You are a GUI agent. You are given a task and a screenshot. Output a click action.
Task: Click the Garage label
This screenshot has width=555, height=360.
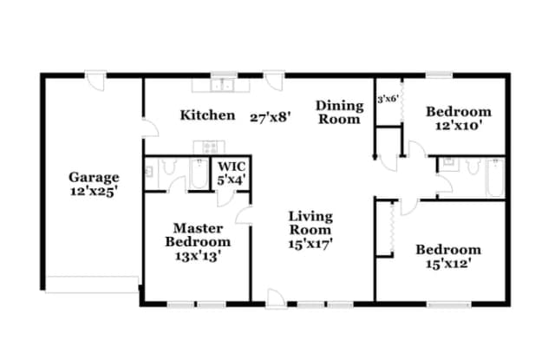94,177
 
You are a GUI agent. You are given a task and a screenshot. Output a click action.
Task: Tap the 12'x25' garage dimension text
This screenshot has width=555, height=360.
94,192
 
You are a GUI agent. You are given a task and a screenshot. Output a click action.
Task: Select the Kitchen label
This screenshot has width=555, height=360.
207,115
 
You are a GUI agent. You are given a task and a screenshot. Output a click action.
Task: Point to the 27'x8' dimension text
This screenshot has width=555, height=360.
271,117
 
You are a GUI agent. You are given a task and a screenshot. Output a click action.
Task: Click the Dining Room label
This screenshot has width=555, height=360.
339,112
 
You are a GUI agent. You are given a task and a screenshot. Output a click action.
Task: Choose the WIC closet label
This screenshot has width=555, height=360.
232,166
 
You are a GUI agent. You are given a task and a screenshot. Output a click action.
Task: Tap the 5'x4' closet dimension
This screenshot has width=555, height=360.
232,180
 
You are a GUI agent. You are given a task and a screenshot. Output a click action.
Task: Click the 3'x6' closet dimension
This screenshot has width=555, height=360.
388,99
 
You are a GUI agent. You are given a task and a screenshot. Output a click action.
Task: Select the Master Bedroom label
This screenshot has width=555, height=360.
198,235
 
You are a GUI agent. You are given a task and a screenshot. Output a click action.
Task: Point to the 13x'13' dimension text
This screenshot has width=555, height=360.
199,256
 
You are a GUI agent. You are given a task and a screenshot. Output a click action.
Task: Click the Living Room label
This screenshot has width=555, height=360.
310,223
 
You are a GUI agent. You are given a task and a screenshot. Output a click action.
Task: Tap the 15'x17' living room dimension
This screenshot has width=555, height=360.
310,244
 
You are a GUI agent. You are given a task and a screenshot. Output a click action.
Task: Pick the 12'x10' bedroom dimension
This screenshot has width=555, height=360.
459,126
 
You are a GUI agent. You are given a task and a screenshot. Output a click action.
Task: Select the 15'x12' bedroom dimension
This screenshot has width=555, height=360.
448,264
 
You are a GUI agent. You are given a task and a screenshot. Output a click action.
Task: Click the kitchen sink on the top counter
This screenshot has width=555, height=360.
222,85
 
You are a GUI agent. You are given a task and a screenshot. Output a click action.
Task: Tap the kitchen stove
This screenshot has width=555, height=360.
209,147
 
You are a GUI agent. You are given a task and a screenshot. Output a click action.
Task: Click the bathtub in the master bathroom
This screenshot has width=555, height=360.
199,173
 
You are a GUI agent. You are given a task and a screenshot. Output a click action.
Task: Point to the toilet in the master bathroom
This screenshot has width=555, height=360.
169,167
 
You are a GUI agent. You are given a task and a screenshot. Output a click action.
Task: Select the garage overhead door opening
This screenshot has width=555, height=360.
92,285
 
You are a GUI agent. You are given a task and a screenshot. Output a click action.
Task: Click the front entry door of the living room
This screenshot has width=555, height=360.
277,299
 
